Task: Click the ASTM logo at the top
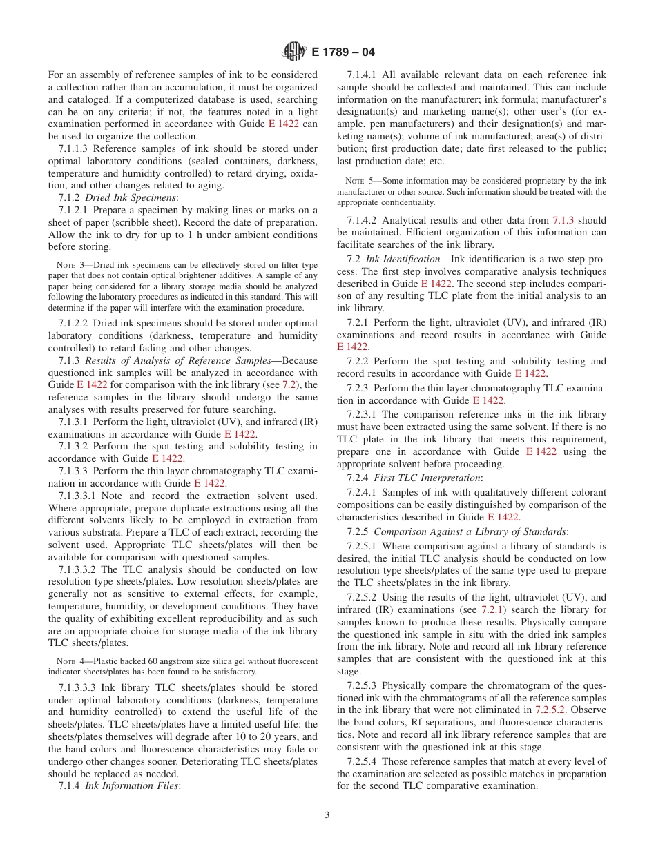[x=295, y=51]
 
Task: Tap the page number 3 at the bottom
[x=327, y=814]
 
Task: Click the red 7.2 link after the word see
[x=295, y=384]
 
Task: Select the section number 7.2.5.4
[x=363, y=761]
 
